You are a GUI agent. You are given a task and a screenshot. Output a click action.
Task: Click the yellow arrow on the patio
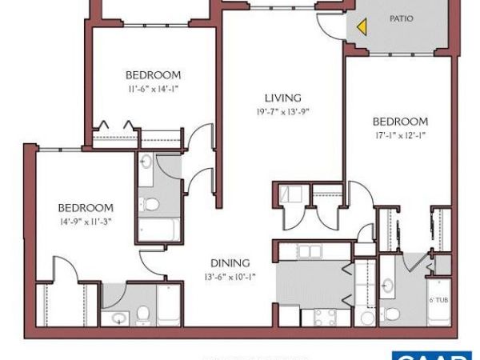(x=362, y=26)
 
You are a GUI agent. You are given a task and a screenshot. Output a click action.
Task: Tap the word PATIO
(x=401, y=18)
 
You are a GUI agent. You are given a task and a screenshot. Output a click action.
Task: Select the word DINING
(x=230, y=262)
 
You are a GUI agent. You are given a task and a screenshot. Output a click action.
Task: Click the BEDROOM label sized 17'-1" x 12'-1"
(x=401, y=122)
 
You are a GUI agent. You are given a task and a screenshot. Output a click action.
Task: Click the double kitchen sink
(x=308, y=253)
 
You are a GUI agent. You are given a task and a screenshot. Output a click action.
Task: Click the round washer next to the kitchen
(x=366, y=318)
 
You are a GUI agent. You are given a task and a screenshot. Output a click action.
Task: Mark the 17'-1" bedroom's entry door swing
(x=362, y=198)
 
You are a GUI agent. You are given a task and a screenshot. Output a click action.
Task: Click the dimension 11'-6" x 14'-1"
(x=152, y=89)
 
